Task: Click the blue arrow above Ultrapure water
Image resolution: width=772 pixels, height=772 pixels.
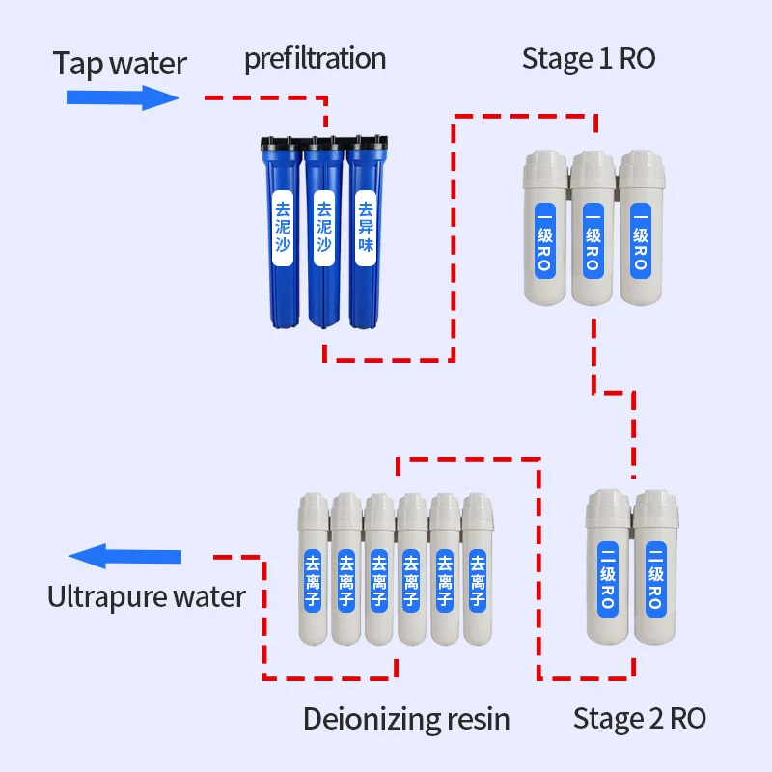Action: point(124,557)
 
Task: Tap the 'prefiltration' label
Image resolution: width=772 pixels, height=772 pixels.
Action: point(315,59)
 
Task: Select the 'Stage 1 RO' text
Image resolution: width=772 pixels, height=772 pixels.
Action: point(589,58)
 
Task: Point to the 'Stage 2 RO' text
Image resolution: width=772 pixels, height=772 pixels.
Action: point(640,718)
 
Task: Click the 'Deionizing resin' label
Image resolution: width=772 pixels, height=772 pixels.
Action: point(406,719)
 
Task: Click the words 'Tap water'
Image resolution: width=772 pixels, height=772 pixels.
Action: point(120,64)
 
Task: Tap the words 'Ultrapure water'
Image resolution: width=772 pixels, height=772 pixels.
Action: point(147,596)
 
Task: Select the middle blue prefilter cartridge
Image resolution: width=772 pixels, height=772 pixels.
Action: point(323,236)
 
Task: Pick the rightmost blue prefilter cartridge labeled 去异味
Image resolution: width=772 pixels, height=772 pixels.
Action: point(365,236)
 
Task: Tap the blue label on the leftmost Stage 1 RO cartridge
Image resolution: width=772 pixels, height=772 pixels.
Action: point(543,235)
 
